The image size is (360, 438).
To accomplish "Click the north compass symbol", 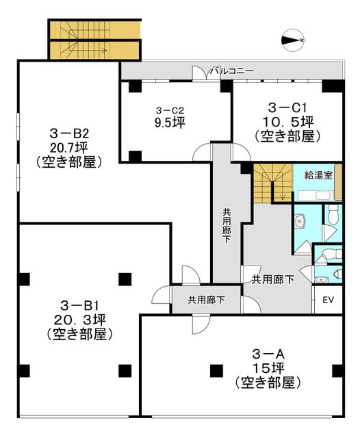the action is click(292, 40).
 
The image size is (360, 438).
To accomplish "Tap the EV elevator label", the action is click(328, 300).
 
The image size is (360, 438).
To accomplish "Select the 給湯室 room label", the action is click(318, 175).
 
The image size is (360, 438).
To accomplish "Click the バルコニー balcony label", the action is click(233, 70).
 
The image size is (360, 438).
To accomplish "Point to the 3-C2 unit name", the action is click(170, 111).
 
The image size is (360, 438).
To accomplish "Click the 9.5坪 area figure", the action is click(170, 123).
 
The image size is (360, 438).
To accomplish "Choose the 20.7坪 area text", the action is click(69, 147).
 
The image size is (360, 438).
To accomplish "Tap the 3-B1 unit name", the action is click(79, 306).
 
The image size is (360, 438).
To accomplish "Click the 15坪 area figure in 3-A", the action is click(268, 368).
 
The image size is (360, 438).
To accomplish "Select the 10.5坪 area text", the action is click(287, 121).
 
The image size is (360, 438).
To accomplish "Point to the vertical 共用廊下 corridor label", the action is click(227, 226).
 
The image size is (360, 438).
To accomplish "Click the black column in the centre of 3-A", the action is click(217, 371).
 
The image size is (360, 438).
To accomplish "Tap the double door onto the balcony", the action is click(202, 73).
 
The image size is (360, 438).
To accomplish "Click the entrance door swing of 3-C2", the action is click(202, 153).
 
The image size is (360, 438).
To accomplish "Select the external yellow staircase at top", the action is click(94, 40).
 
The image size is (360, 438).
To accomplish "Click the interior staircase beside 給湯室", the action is click(272, 183).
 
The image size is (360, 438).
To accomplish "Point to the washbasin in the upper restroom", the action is click(300, 221).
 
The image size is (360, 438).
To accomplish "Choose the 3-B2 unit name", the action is click(69, 133).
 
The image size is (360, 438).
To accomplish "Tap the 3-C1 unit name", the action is click(287, 107).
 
